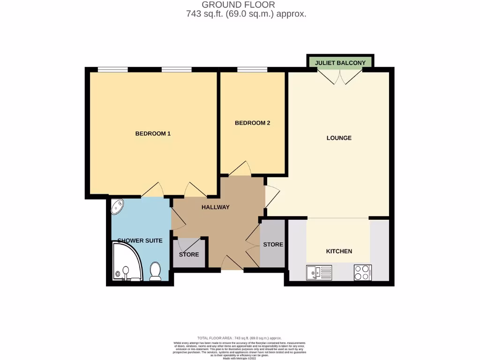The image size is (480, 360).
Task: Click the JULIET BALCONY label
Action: (340, 62)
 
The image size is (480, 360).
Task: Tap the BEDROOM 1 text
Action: (153, 134)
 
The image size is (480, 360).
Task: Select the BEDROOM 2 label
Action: (252, 123)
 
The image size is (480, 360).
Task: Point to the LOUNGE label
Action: (339, 138)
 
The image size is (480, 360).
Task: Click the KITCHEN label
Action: (339, 251)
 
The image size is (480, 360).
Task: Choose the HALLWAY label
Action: (215, 207)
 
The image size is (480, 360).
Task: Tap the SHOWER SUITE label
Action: (140, 240)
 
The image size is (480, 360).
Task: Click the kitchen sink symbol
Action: (319, 272)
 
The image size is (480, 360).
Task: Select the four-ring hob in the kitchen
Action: (362, 272)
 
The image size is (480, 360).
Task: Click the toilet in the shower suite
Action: (155, 271)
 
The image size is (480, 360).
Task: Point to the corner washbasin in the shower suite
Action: (117, 206)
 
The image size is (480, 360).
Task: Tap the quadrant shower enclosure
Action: (127, 262)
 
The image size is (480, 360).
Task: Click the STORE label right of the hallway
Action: (273, 245)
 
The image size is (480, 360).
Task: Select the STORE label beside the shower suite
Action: (189, 255)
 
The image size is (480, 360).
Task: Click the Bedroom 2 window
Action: (252, 70)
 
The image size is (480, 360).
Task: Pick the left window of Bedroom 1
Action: (112, 70)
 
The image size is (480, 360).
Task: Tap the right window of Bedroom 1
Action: (177, 70)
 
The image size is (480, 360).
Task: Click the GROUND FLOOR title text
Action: (241, 5)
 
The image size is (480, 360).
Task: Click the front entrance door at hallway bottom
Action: (232, 264)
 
